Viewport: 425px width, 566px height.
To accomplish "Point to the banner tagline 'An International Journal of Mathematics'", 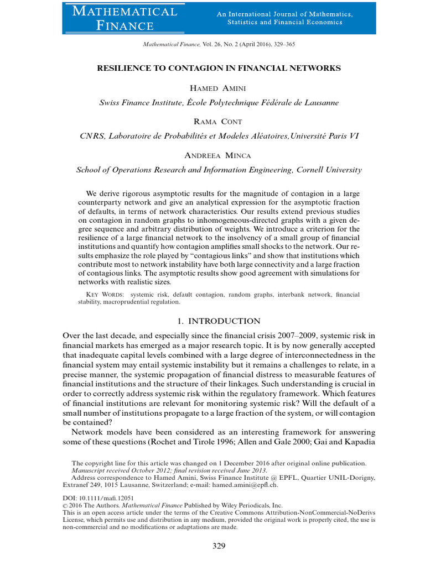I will (x=284, y=14).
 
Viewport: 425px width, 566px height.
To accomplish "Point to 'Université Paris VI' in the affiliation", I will (x=324, y=136).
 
